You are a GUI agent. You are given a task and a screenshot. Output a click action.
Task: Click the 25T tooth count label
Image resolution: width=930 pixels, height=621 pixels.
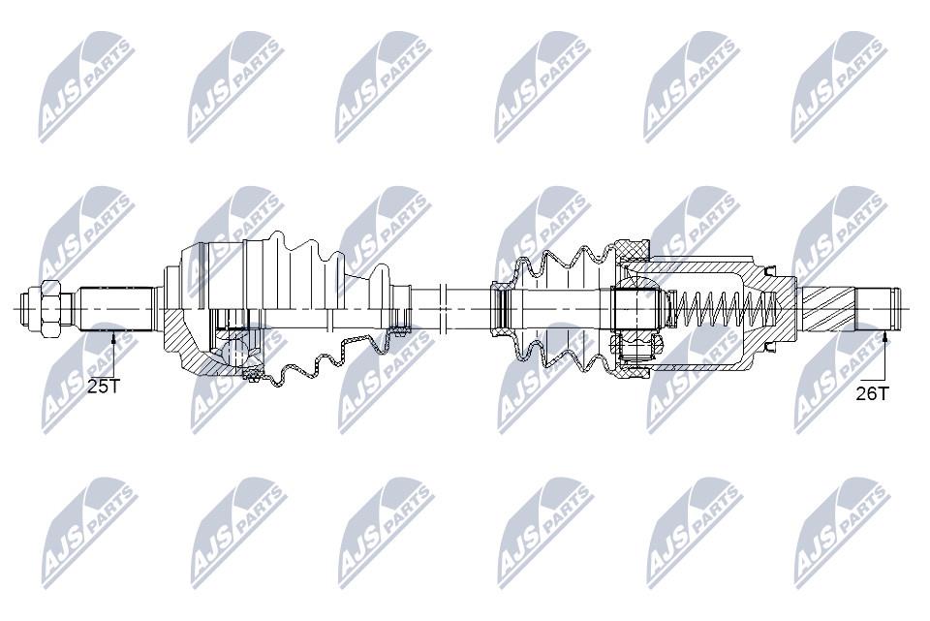(x=104, y=387)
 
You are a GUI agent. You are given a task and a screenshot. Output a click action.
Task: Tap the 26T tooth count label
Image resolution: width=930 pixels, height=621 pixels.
(x=873, y=393)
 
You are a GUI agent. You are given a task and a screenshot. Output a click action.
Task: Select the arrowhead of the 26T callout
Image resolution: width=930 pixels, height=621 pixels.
(x=884, y=337)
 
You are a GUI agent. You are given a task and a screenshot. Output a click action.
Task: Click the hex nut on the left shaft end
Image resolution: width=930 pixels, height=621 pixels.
(x=49, y=308)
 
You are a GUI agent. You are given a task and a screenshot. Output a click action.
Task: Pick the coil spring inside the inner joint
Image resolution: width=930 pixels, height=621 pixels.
(x=723, y=308)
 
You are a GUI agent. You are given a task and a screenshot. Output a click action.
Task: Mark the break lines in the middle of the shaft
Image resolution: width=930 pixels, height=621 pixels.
(x=442, y=308)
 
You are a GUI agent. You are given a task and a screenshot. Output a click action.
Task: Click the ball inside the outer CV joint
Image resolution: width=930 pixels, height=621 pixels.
(x=235, y=353)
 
